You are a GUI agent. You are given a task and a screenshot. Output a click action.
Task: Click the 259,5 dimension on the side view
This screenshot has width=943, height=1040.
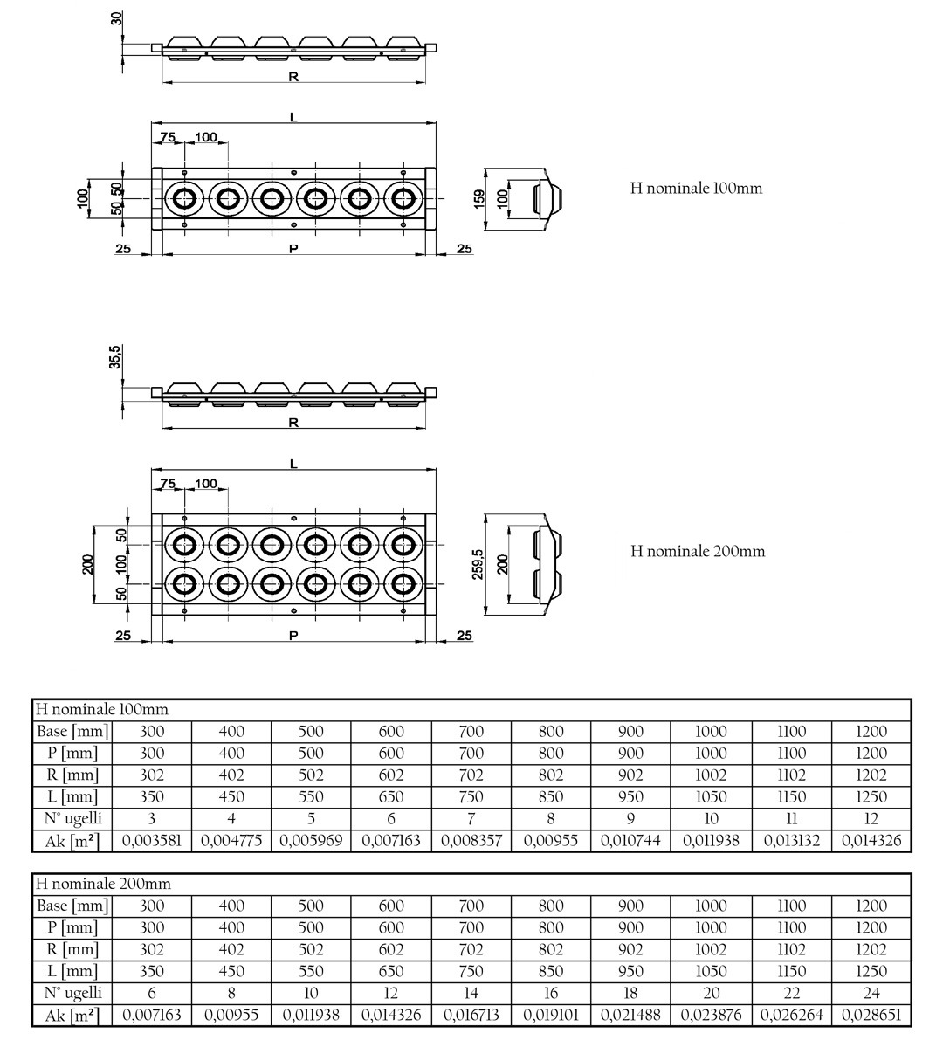point(478,564)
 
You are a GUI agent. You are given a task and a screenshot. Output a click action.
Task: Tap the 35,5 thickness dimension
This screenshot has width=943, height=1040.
point(115,356)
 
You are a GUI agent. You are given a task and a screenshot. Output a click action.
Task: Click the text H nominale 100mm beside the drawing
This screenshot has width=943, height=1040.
point(696,189)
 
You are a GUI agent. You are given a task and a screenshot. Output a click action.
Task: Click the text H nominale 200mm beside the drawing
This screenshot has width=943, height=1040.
point(698,551)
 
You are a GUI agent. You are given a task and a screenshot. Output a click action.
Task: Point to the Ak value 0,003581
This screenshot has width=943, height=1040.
point(152,841)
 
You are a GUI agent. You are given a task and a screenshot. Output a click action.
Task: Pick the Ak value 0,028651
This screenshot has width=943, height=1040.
point(871,1016)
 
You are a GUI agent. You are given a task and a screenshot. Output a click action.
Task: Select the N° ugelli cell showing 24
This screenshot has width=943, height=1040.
point(871,993)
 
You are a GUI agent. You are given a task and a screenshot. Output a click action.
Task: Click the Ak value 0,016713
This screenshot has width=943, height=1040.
point(471,1016)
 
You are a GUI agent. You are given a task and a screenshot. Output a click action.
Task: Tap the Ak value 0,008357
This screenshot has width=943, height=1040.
point(471,841)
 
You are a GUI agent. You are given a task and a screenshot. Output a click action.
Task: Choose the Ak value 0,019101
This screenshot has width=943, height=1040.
point(551,1016)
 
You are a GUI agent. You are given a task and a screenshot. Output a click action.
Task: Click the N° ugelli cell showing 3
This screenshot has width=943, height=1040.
point(152,819)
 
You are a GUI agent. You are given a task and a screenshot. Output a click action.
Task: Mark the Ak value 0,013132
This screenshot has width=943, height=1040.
point(792,841)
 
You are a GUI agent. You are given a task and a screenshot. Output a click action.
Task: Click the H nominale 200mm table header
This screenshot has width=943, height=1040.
point(103,885)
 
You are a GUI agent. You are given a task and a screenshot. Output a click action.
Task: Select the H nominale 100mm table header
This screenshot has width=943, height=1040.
point(102,710)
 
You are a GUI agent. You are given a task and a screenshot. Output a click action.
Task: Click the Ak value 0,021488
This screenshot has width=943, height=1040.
point(630,1016)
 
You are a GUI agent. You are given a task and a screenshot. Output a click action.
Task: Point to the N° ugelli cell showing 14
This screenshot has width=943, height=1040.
point(471,993)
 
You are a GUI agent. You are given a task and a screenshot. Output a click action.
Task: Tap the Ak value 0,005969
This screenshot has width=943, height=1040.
point(311,841)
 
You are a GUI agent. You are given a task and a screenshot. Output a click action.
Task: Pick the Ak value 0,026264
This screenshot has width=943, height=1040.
point(792,1016)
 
